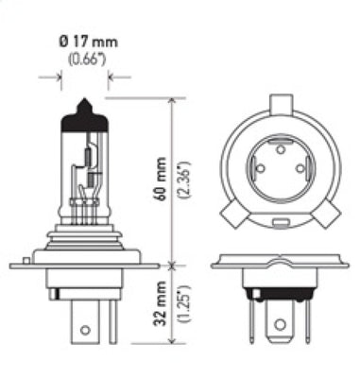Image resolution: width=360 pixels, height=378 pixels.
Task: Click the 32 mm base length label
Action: tap(162, 304)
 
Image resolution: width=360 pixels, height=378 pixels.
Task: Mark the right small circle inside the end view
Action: tap(300, 167)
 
